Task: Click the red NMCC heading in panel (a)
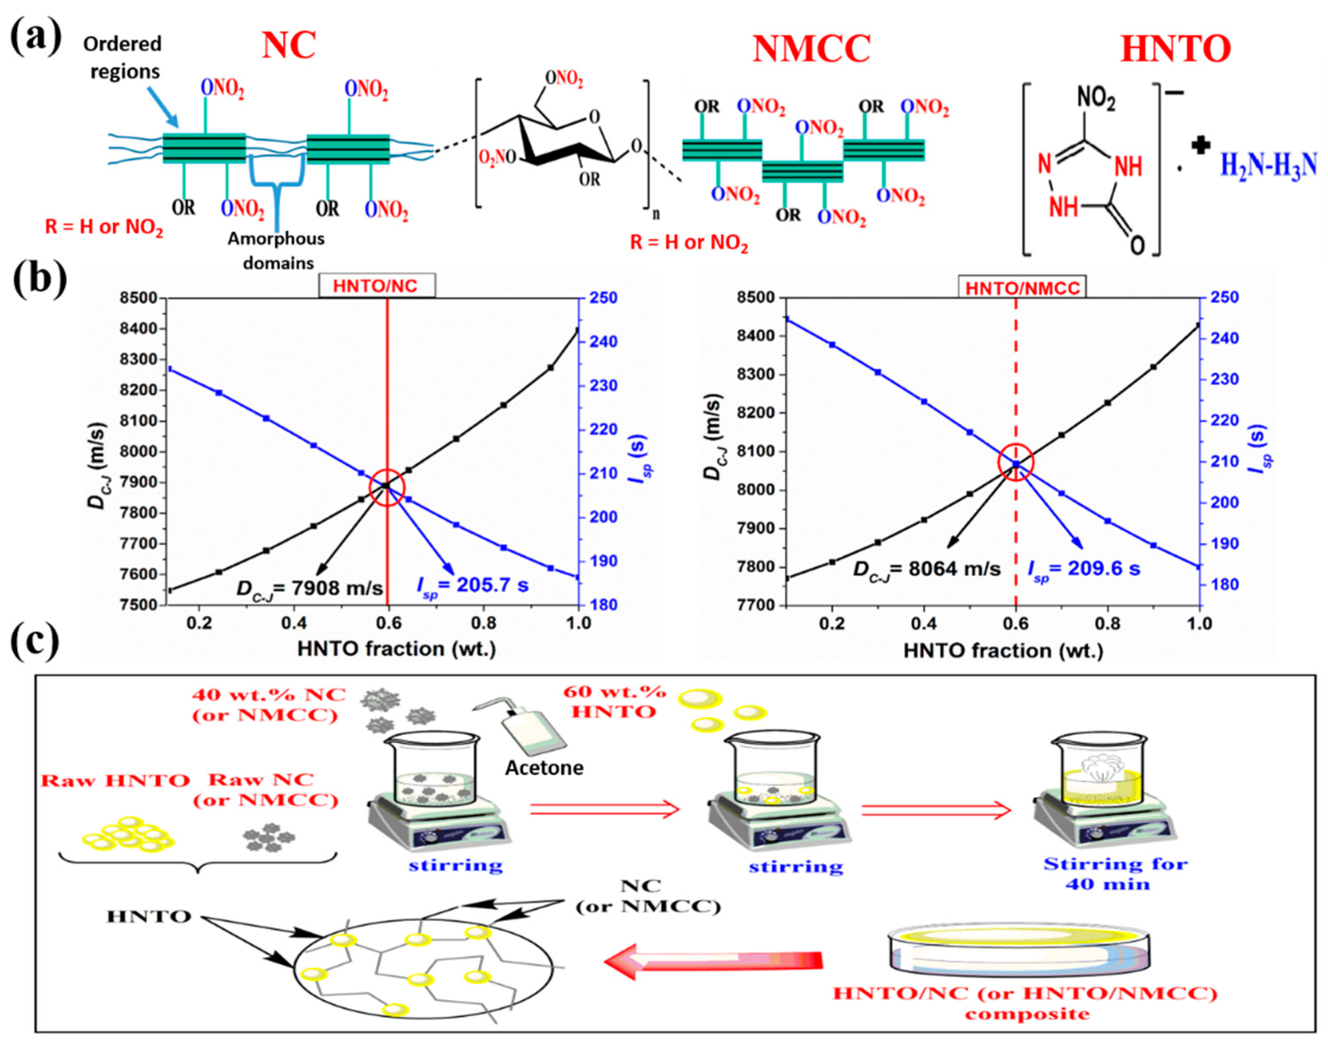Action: [x=811, y=49]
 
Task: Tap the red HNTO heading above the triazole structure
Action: [x=1175, y=49]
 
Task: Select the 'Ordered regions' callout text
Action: [x=123, y=58]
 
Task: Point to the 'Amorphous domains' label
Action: [x=277, y=250]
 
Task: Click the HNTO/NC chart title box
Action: [x=376, y=286]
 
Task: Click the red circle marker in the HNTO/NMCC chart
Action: [x=1016, y=463]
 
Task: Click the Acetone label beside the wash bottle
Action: [x=544, y=767]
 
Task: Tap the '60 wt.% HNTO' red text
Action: [x=615, y=702]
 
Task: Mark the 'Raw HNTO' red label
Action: [x=115, y=781]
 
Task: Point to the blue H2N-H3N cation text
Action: [x=1268, y=165]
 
